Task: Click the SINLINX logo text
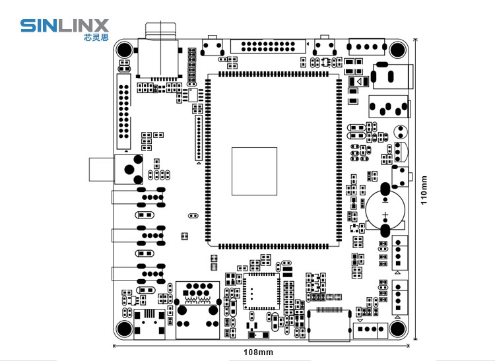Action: (x=64, y=26)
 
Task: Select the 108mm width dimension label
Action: (x=259, y=352)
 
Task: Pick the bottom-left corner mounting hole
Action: (x=124, y=329)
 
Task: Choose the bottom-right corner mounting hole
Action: (x=397, y=329)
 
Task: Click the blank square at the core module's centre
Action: (x=254, y=171)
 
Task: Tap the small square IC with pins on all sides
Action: (x=261, y=292)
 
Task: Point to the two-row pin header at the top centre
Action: (x=269, y=47)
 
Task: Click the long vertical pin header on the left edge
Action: (x=123, y=112)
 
